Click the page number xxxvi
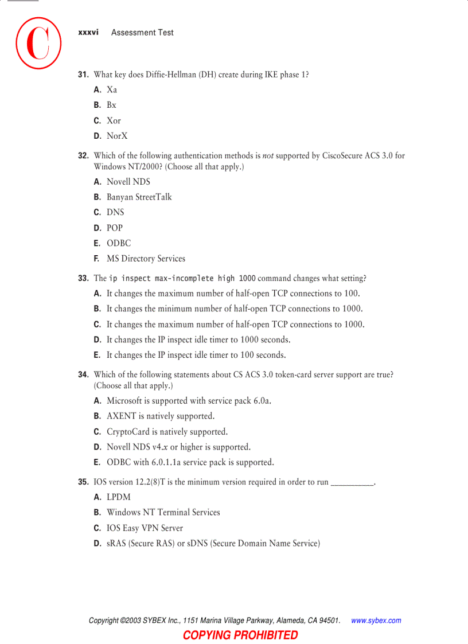coord(88,33)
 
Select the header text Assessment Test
coord(142,33)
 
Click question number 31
coord(83,75)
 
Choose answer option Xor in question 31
coord(114,120)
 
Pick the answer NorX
coord(117,136)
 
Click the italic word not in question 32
coord(268,155)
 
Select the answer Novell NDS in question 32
coord(128,182)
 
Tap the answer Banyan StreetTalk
coord(139,197)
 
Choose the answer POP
coord(114,228)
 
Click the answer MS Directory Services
coord(146,259)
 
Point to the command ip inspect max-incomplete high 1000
coord(182,279)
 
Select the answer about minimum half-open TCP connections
coord(234,309)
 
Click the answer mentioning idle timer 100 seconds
coord(196,355)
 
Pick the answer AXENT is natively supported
coord(160,416)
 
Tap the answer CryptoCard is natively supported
coord(167,432)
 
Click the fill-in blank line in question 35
coord(352,483)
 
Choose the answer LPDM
coord(118,497)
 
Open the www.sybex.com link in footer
coord(376,620)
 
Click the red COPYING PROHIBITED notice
coord(240,635)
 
